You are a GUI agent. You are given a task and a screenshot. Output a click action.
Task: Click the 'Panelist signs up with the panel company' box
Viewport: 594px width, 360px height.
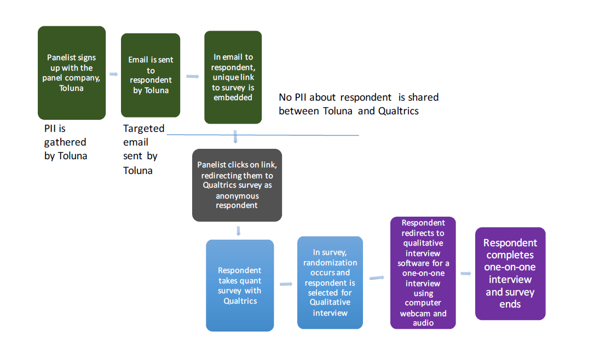click(71, 73)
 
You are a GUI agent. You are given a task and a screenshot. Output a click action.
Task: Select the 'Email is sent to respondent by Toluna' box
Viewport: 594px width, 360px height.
click(151, 75)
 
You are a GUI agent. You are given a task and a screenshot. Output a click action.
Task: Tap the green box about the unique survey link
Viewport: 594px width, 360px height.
click(233, 77)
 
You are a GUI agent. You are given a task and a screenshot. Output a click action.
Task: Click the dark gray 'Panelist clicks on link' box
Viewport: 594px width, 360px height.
click(237, 185)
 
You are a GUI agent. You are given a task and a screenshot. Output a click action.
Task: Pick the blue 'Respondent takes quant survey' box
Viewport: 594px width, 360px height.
click(240, 285)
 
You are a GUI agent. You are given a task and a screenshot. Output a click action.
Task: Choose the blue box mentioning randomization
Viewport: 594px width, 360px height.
click(330, 282)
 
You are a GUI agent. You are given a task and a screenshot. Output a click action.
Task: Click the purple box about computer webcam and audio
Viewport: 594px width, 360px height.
click(423, 272)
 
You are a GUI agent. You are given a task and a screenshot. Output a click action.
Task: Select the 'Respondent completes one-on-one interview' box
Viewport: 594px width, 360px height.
click(510, 273)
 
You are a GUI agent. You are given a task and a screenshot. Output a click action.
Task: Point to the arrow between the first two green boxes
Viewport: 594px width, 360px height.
click(114, 74)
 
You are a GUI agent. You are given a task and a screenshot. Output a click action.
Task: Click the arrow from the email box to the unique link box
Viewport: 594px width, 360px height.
click(192, 76)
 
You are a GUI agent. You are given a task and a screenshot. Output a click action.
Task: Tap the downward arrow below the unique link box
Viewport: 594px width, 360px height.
click(235, 137)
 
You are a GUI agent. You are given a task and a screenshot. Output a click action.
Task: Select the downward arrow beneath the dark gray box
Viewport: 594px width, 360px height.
click(238, 230)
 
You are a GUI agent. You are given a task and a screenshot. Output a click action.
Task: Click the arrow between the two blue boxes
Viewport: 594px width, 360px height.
click(286, 284)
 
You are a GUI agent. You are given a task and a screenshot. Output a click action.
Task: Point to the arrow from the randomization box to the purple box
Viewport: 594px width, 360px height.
click(377, 277)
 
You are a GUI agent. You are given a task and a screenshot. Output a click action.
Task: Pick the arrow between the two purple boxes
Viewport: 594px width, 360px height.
click(465, 273)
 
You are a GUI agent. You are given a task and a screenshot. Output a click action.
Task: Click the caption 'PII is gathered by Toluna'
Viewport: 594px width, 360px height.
click(65, 142)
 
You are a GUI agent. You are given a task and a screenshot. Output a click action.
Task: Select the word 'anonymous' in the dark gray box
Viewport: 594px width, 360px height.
click(237, 195)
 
